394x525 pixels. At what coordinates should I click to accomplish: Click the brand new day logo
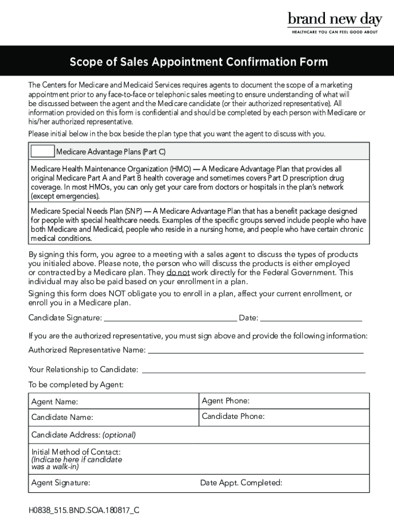tap(335, 19)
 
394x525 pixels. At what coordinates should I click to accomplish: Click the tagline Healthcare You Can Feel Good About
tap(335, 32)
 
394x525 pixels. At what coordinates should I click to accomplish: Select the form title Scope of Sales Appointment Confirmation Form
tap(199, 62)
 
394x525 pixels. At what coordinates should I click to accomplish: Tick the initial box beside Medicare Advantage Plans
tap(42, 151)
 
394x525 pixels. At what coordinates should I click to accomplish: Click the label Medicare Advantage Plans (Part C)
tap(111, 152)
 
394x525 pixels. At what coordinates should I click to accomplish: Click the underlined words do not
tap(178, 273)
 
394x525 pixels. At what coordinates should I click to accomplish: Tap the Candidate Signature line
tap(170, 318)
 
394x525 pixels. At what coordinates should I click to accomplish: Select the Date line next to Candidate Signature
tap(311, 318)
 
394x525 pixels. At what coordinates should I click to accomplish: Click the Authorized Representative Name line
tap(255, 351)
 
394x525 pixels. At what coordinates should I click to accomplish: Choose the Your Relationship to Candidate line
tap(253, 370)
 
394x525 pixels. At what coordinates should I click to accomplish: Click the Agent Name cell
tap(114, 401)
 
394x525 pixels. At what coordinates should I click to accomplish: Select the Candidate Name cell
tap(114, 417)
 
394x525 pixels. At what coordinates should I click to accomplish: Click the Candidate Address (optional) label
tap(83, 435)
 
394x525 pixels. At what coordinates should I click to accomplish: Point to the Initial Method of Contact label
tap(76, 452)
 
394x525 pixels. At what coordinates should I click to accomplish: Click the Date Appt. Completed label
tap(241, 482)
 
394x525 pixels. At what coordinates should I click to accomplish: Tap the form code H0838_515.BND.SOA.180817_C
tap(85, 511)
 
